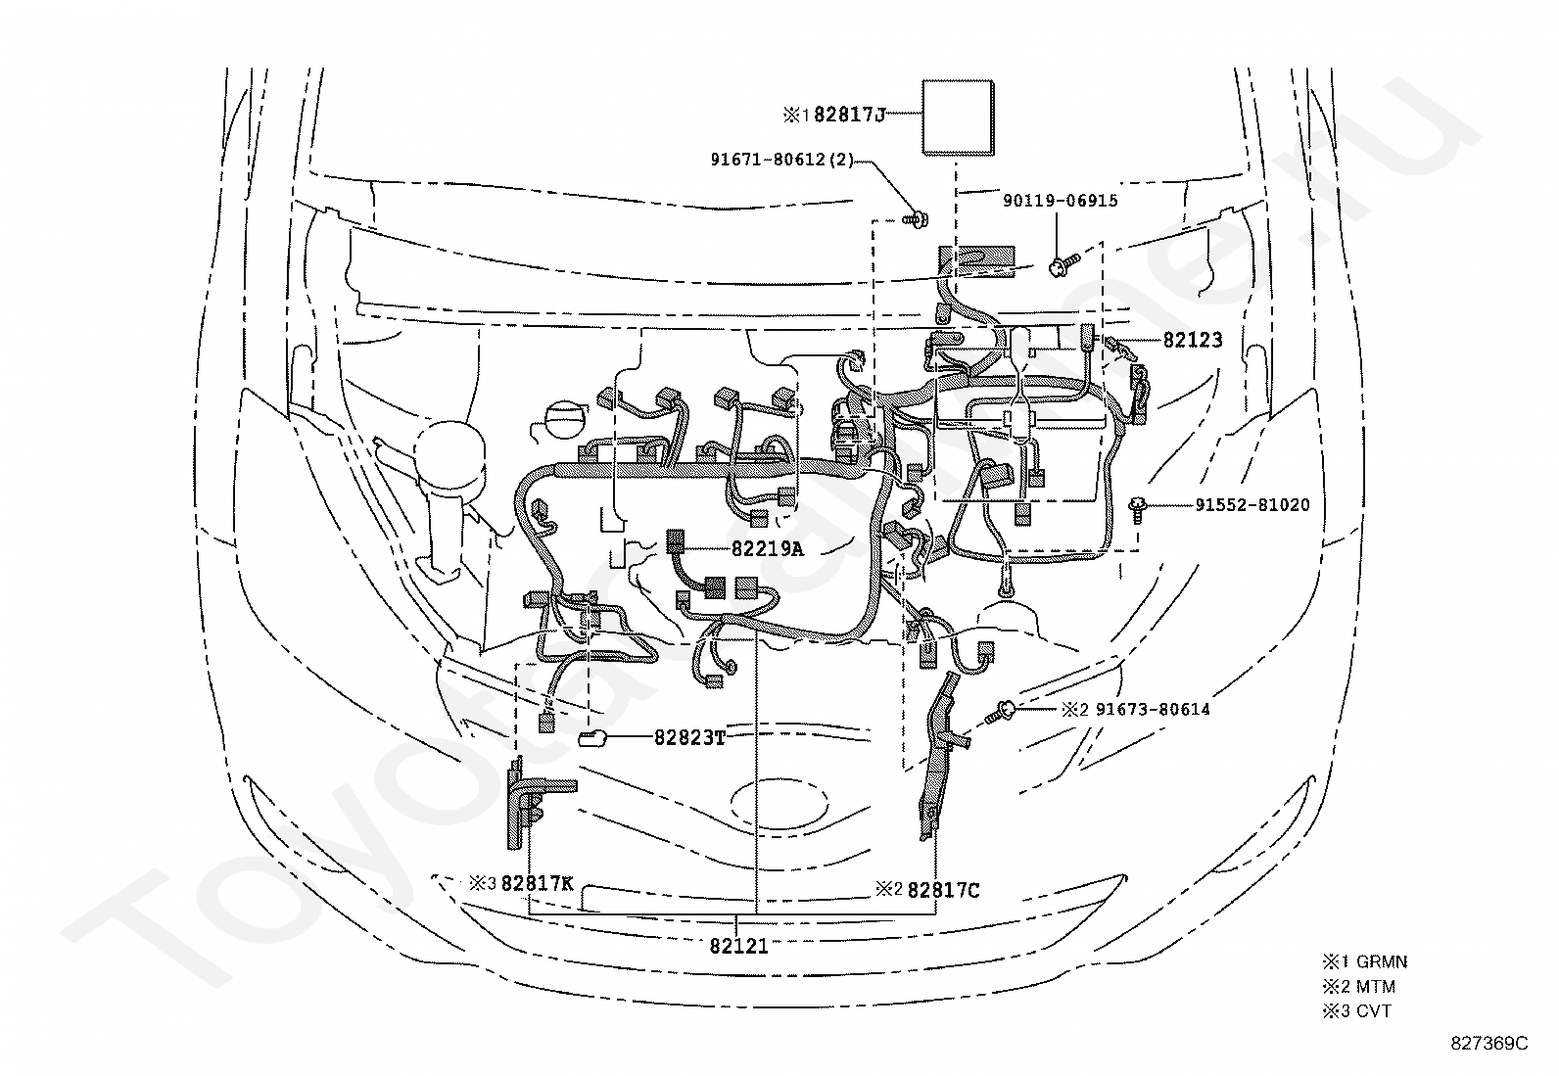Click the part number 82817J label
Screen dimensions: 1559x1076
[849, 115]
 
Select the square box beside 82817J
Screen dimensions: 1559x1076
[958, 117]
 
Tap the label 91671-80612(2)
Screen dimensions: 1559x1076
[781, 160]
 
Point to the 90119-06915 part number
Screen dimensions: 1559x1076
[1060, 201]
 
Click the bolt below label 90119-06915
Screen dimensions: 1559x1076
[1063, 265]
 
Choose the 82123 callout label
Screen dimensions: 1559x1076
[1193, 340]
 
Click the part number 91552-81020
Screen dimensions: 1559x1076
[1252, 504]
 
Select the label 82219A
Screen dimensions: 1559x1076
[767, 549]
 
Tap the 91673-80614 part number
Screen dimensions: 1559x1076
[1153, 709]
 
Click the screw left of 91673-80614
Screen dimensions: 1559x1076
[1001, 713]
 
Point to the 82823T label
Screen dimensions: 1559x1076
[689, 737]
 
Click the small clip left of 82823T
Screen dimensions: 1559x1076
[592, 738]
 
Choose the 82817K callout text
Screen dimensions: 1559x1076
[537, 883]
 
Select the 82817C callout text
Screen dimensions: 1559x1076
[944, 890]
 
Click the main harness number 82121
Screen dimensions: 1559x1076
[739, 946]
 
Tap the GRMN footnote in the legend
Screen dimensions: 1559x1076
[1382, 961]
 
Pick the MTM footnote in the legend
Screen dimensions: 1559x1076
[1375, 986]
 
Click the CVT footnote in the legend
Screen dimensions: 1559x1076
[1373, 1010]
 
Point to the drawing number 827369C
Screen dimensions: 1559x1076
[1489, 1044]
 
